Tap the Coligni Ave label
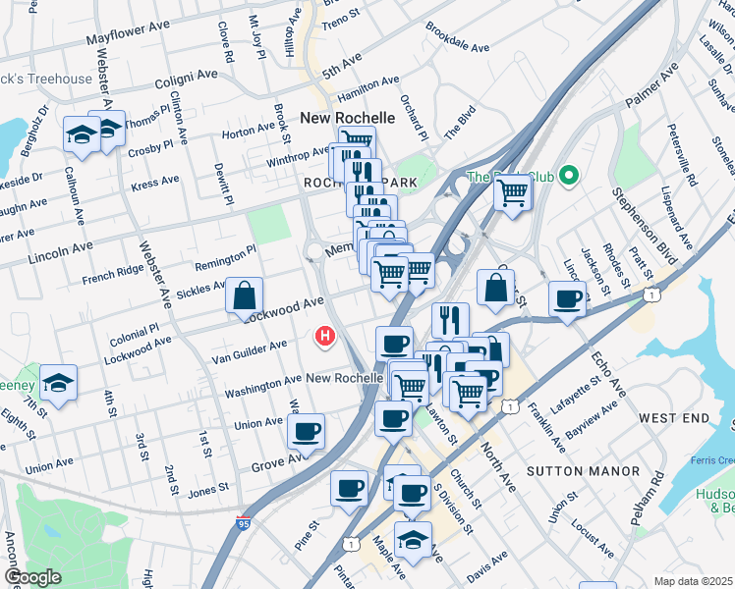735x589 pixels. pyautogui.click(x=184, y=75)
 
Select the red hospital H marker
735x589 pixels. pyautogui.click(x=324, y=337)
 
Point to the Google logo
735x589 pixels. pyautogui.click(x=31, y=577)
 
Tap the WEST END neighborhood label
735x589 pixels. pyautogui.click(x=673, y=418)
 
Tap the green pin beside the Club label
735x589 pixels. pyautogui.click(x=568, y=177)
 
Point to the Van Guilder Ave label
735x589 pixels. pyautogui.click(x=250, y=348)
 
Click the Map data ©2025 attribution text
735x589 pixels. pyautogui.click(x=693, y=581)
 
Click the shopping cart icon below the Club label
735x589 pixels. pyautogui.click(x=512, y=194)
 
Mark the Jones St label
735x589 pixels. pyautogui.click(x=207, y=486)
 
